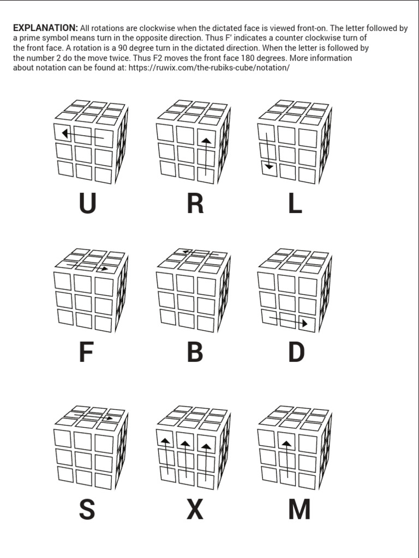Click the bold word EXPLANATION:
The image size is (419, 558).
point(45,28)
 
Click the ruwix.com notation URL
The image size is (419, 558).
point(209,68)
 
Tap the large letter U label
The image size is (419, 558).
point(87,204)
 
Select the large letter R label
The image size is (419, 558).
point(195,204)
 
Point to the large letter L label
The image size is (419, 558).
point(295,204)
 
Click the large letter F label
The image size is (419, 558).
point(87,353)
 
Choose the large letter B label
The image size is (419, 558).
point(195,353)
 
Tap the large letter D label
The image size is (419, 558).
point(296,353)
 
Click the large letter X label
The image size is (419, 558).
point(195,510)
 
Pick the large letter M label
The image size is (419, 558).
point(299,510)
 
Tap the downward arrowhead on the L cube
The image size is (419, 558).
point(268,166)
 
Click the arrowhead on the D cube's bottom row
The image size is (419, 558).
point(304,323)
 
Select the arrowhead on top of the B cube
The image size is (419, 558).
point(185,252)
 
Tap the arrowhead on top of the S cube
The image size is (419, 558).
point(110,418)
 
